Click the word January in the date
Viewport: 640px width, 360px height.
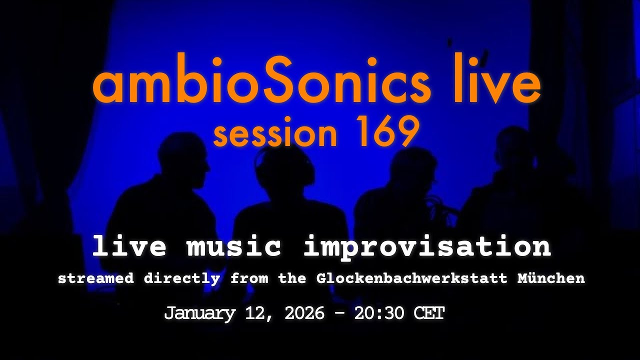click(199, 314)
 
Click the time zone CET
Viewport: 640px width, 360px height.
click(429, 314)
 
